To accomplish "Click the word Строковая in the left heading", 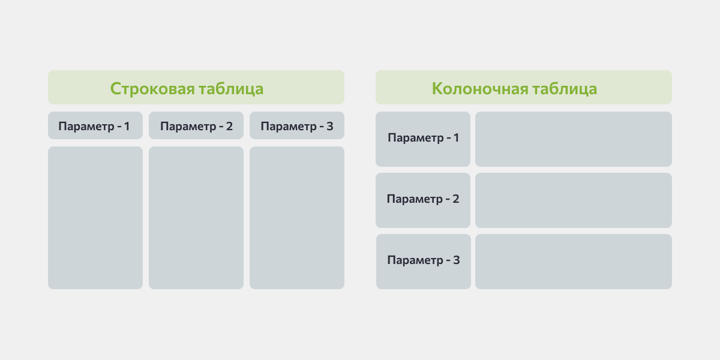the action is coord(152,89).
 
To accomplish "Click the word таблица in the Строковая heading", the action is coord(231,89).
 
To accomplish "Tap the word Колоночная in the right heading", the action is coord(480,89).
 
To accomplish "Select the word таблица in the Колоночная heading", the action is coord(565,89).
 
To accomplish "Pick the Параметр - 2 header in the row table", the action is coord(196,125).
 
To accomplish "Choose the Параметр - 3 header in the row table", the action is coord(297,125).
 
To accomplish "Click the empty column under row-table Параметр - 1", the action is coord(95,218).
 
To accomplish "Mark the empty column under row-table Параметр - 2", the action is coord(196,218).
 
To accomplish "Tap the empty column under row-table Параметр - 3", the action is coord(297,218).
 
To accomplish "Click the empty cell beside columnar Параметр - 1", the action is coord(574,139).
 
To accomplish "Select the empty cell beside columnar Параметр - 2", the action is coord(574,200).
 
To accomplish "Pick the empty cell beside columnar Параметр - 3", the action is coord(574,262).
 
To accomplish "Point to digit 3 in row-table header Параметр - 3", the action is coord(330,126).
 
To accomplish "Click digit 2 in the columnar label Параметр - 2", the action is coord(456,199).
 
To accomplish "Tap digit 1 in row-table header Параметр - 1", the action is coord(127,126).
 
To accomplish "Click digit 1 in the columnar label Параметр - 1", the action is coord(456,137).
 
